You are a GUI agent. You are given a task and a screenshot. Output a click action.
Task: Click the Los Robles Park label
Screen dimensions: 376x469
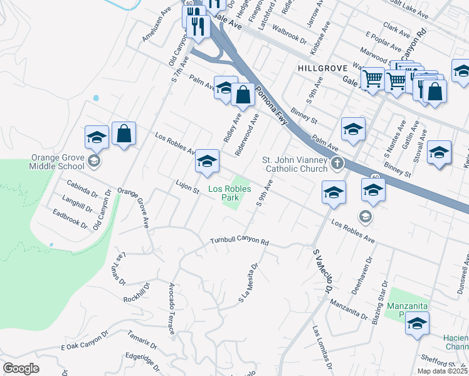click(224, 192)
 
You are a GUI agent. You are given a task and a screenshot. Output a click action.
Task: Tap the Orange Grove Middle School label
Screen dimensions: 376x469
click(56, 162)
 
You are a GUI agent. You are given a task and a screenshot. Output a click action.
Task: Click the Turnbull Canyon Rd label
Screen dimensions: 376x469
click(239, 241)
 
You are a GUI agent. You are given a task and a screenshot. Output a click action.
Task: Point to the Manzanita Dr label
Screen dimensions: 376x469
click(348, 308)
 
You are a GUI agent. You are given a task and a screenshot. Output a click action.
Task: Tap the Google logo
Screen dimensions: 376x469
click(21, 368)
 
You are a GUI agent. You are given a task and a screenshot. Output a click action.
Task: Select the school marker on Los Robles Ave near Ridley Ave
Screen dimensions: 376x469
click(207, 161)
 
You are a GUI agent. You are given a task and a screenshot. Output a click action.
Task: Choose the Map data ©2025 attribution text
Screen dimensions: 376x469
click(441, 371)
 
